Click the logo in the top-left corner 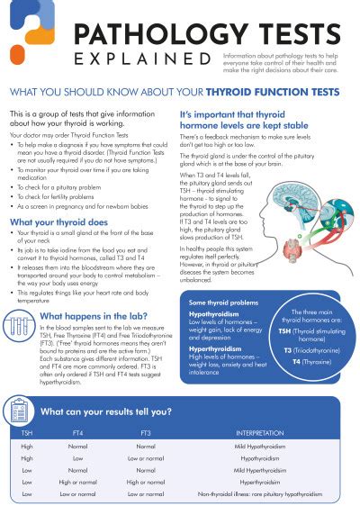[28, 25]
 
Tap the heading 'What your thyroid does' [58, 221]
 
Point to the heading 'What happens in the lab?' [94, 316]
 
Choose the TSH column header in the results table [28, 432]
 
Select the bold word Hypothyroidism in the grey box [214, 315]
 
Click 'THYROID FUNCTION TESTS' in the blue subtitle [274, 92]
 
